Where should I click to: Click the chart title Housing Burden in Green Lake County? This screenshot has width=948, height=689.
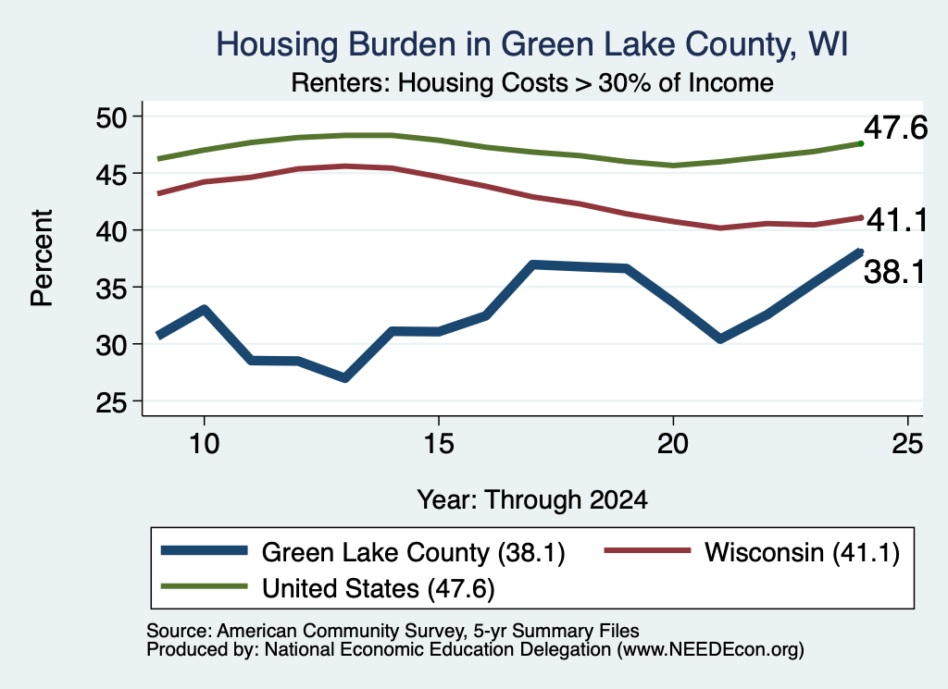(x=532, y=45)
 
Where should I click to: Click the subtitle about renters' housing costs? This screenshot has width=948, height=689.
(x=532, y=82)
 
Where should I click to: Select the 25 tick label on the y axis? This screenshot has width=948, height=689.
(x=111, y=402)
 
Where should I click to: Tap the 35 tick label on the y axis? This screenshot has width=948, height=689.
(x=111, y=288)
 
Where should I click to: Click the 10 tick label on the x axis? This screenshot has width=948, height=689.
(x=204, y=444)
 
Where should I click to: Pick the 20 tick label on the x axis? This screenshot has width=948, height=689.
(x=673, y=444)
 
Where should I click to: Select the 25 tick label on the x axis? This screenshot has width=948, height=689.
(x=907, y=444)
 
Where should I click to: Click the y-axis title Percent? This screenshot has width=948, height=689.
(x=43, y=258)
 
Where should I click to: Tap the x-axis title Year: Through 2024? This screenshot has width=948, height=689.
(x=532, y=500)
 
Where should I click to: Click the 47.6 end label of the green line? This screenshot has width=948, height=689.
(x=895, y=128)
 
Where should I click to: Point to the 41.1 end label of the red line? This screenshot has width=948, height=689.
(x=896, y=220)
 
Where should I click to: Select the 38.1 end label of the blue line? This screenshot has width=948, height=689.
(x=894, y=272)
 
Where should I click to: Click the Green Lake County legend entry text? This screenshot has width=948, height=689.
(x=414, y=552)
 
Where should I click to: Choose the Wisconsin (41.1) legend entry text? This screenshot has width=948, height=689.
(x=803, y=552)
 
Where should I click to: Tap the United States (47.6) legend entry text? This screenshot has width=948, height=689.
(x=379, y=588)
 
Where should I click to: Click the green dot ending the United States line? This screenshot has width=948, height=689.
(x=861, y=143)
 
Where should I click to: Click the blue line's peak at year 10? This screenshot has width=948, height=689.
(x=205, y=309)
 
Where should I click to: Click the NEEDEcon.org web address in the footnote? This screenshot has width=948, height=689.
(x=711, y=650)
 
